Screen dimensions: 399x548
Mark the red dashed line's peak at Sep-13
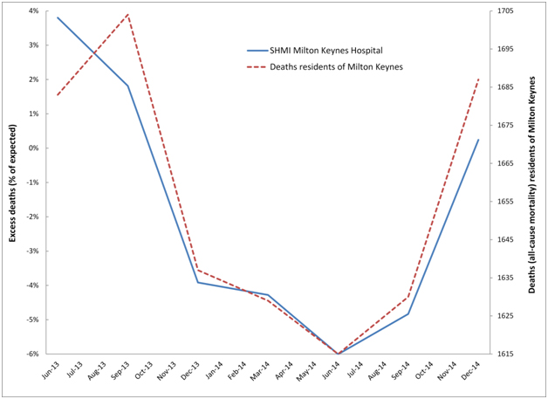[x=128, y=14]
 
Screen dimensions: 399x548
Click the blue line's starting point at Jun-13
[x=58, y=17]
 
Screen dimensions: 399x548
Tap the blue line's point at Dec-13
[x=198, y=282]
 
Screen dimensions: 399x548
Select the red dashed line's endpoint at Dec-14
[x=478, y=79]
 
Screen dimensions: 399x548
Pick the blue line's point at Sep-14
[x=408, y=313]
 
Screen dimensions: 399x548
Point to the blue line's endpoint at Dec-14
[x=478, y=140]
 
